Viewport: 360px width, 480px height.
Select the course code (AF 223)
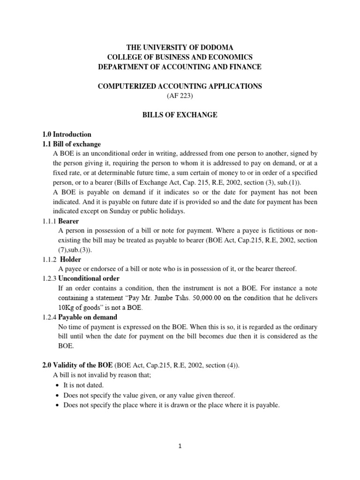click(x=180, y=96)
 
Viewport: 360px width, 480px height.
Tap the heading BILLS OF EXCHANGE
click(x=180, y=115)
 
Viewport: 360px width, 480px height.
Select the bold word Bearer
click(x=68, y=221)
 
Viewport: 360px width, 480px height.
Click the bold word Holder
click(x=70, y=259)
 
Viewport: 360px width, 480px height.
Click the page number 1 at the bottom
click(x=180, y=447)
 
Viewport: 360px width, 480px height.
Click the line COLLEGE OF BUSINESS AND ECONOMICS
click(x=180, y=57)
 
